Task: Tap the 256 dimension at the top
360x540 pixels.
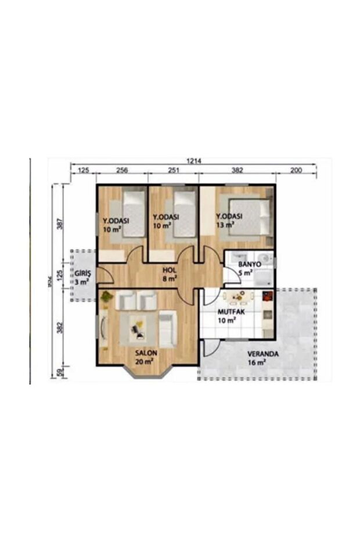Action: pyautogui.click(x=121, y=171)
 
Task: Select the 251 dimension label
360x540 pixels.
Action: pyautogui.click(x=173, y=171)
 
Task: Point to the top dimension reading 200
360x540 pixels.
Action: pyautogui.click(x=296, y=171)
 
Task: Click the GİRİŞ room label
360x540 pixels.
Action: pyautogui.click(x=82, y=273)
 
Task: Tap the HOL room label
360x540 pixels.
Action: pyautogui.click(x=170, y=269)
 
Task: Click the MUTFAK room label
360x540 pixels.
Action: pyautogui.click(x=229, y=311)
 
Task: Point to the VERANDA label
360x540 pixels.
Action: pyautogui.click(x=262, y=353)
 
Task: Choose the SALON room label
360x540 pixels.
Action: pyautogui.click(x=146, y=352)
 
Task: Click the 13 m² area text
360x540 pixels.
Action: pyautogui.click(x=225, y=224)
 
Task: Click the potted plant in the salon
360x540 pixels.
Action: pyautogui.click(x=106, y=297)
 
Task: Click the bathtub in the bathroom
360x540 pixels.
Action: pyautogui.click(x=264, y=278)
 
